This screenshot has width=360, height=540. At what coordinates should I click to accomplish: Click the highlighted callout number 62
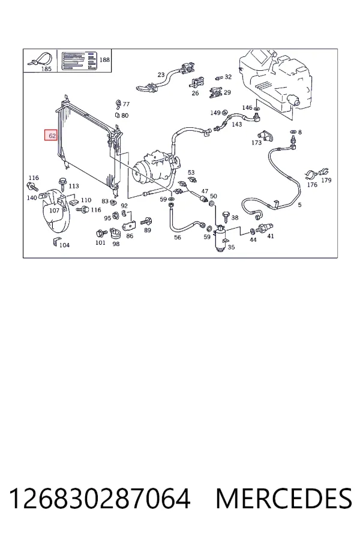pyautogui.click(x=52, y=136)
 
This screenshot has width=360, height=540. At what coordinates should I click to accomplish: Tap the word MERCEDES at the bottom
pyautogui.click(x=284, y=499)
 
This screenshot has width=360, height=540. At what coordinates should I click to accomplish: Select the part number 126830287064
pyautogui.click(x=100, y=499)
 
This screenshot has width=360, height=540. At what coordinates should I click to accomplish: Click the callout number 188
pyautogui.click(x=104, y=59)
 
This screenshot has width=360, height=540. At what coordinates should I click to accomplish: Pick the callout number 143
pyautogui.click(x=236, y=124)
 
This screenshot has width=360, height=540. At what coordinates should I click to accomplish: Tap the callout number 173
pyautogui.click(x=256, y=142)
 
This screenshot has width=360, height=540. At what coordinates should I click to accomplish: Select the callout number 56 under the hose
pyautogui.click(x=178, y=237)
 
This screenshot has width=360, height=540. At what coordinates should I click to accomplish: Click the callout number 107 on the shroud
pyautogui.click(x=54, y=210)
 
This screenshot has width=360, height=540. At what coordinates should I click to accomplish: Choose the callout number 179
pyautogui.click(x=326, y=180)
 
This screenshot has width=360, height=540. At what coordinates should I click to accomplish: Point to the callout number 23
pyautogui.click(x=161, y=74)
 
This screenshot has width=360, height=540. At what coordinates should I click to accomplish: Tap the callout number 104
pyautogui.click(x=64, y=245)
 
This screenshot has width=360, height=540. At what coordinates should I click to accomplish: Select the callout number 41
pyautogui.click(x=271, y=236)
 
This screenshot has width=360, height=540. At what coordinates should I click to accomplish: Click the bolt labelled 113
pyautogui.click(x=62, y=182)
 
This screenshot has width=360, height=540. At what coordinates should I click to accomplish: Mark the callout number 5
pyautogui.click(x=300, y=205)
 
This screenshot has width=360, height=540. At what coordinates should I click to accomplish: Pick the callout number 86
pyautogui.click(x=130, y=236)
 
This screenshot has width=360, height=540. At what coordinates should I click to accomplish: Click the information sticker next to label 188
pyautogui.click(x=79, y=61)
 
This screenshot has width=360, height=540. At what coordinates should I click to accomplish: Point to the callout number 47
pyautogui.click(x=205, y=191)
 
